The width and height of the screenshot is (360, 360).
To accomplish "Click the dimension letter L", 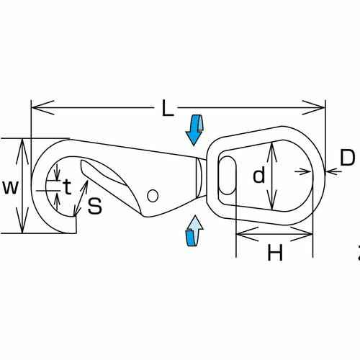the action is point(168,108).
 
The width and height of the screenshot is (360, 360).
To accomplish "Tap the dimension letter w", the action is point(11,187).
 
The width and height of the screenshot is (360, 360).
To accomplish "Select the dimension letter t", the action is point(68,186).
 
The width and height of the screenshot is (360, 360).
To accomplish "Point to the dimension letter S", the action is point(95,206).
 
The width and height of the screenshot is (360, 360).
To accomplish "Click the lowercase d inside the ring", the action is point(259,174).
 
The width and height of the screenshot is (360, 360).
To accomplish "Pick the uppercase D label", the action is point(348,158).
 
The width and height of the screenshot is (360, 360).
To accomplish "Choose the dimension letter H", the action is point(275,252).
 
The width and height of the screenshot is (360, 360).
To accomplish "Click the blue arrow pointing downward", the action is point(194,130).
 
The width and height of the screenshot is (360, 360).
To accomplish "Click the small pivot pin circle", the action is point(153,196).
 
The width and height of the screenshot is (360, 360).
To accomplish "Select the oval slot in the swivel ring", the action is point(228,175).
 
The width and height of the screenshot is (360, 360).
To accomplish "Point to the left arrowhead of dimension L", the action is point(42,108).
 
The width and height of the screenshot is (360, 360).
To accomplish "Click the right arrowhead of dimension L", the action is point(314,108).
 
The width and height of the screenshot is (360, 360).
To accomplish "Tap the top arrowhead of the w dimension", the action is point(22,152).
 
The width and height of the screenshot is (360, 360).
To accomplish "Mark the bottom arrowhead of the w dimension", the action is point(22,220).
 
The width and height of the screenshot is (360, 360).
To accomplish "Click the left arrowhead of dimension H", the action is point(248,234).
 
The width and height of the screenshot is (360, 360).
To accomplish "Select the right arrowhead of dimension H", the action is point(302,234).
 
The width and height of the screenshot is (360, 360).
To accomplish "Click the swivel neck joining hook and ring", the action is point(201,178).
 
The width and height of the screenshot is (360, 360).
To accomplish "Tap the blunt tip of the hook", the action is point(75,225).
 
